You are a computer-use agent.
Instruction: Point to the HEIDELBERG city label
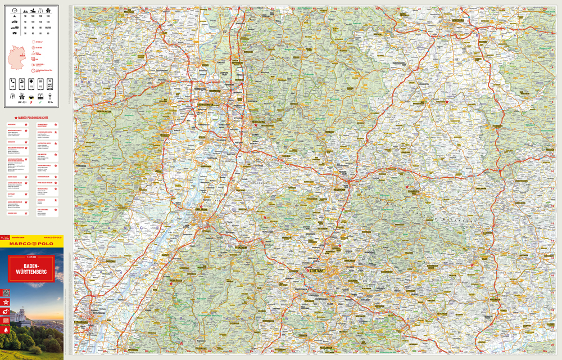(258, 119)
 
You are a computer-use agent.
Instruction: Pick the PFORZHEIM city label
(242, 246)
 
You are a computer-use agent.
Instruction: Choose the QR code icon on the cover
(6, 292)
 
